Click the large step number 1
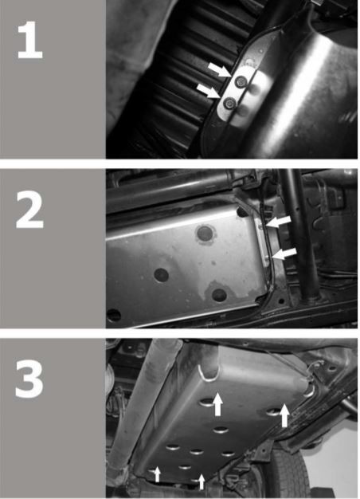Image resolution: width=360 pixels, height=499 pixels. [29, 40]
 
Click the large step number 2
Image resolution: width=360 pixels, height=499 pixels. [29, 210]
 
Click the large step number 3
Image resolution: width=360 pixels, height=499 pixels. [29, 379]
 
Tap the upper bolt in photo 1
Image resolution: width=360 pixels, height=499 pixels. [240, 82]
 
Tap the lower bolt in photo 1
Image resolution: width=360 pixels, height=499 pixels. [229, 104]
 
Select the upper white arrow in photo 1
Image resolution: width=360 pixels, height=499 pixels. [220, 69]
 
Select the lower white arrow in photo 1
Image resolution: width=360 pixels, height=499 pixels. [209, 91]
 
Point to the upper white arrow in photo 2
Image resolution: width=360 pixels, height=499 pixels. [279, 222]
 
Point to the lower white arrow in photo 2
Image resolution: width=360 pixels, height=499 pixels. [284, 254]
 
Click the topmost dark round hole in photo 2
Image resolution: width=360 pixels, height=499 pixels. [205, 234]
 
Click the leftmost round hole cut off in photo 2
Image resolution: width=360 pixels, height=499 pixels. [113, 315]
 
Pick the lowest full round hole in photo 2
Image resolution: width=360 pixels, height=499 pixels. [220, 295]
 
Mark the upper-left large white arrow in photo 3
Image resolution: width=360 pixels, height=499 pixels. [217, 404]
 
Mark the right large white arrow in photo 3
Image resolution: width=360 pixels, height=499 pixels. [284, 415]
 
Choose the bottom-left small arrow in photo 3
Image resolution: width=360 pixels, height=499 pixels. [157, 474]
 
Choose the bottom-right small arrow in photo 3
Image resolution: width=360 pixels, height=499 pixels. [202, 481]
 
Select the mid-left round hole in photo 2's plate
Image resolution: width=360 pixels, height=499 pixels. [161, 275]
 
